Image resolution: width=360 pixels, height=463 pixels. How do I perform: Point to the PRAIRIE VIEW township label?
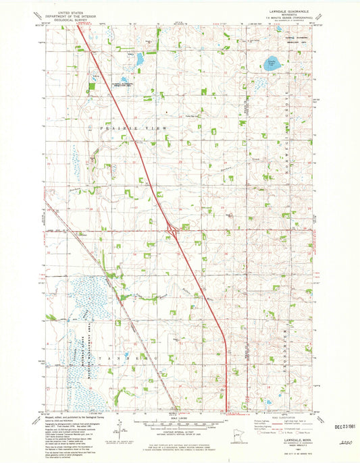(122, 126)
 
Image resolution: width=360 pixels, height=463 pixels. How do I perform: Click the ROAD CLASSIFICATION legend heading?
(272, 415)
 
